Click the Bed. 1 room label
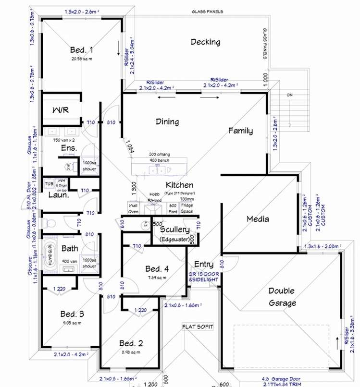[81, 49]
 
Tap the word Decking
[205, 42]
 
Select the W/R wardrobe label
[60, 110]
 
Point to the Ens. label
[69, 148]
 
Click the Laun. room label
[59, 195]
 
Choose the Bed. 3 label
[72, 314]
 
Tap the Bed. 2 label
[131, 343]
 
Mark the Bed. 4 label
[157, 268]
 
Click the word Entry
[204, 265]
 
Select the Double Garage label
[282, 297]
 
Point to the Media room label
[258, 219]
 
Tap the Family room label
[240, 131]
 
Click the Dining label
[167, 121]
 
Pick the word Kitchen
[179, 185]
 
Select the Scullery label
[174, 230]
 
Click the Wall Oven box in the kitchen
[133, 208]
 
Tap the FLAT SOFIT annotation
[197, 327]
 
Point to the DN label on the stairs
[289, 95]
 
